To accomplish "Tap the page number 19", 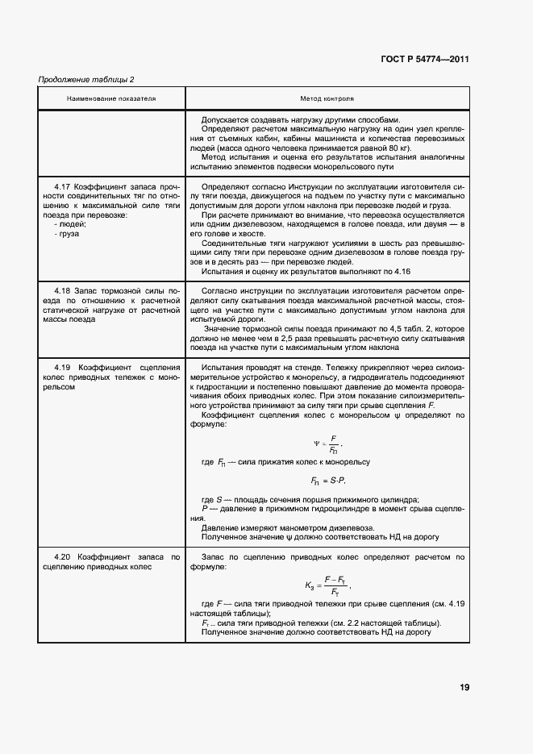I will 464,687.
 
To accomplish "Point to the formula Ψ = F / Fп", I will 327,444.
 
